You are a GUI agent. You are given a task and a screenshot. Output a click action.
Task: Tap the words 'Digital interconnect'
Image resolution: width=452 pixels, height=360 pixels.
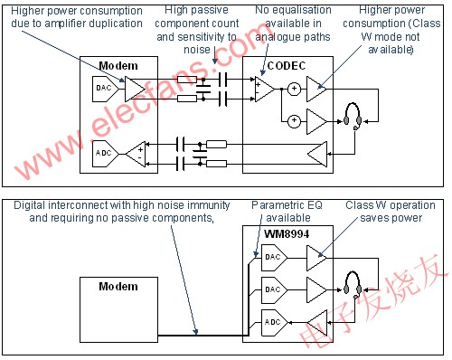pos(61,206)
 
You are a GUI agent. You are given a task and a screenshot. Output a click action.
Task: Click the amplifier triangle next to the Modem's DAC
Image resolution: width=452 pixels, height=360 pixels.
pos(134,88)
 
